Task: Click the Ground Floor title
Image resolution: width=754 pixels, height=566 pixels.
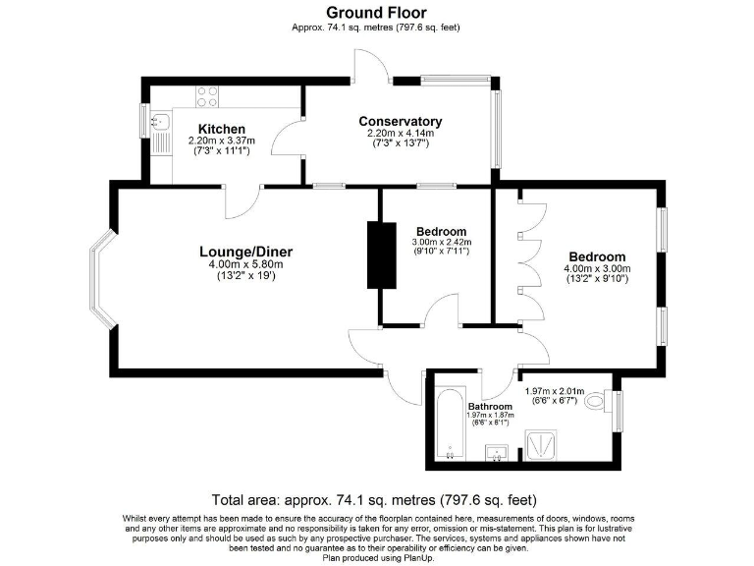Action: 376,13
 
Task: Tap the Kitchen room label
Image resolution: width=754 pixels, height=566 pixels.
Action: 221,129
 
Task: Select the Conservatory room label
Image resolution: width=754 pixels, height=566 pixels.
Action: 400,121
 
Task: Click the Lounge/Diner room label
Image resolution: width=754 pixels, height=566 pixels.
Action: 245,252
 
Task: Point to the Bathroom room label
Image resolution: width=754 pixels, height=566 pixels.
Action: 489,406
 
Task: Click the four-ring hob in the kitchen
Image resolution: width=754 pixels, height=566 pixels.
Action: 207,96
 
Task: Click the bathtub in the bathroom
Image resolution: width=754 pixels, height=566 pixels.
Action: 449,424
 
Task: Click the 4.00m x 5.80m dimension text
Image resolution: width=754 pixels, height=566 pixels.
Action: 245,264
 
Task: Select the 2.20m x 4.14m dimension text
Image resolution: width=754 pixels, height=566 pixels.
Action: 400,133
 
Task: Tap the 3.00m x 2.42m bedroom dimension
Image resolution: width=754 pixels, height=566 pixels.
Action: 442,242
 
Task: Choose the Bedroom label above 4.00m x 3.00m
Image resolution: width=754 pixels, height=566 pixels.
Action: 595,256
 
